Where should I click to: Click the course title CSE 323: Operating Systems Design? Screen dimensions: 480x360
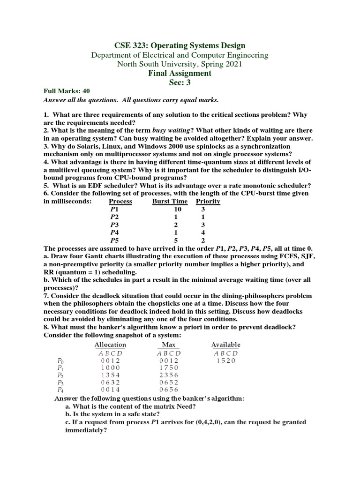(180, 45)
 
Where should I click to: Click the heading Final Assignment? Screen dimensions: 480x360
(180, 73)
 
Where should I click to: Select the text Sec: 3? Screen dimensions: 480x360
(180, 82)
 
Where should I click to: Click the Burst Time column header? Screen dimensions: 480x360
(170, 201)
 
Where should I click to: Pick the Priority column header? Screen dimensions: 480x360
(208, 201)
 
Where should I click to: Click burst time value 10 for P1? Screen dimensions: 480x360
(177, 210)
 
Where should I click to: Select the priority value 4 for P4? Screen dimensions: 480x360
(203, 232)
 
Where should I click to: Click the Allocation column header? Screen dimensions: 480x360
(110, 345)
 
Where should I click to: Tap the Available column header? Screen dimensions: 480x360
(226, 345)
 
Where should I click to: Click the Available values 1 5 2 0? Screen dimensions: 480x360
(226, 360)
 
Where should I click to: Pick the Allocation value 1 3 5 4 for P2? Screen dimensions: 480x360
(110, 375)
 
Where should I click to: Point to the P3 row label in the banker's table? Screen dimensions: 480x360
(60, 382)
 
